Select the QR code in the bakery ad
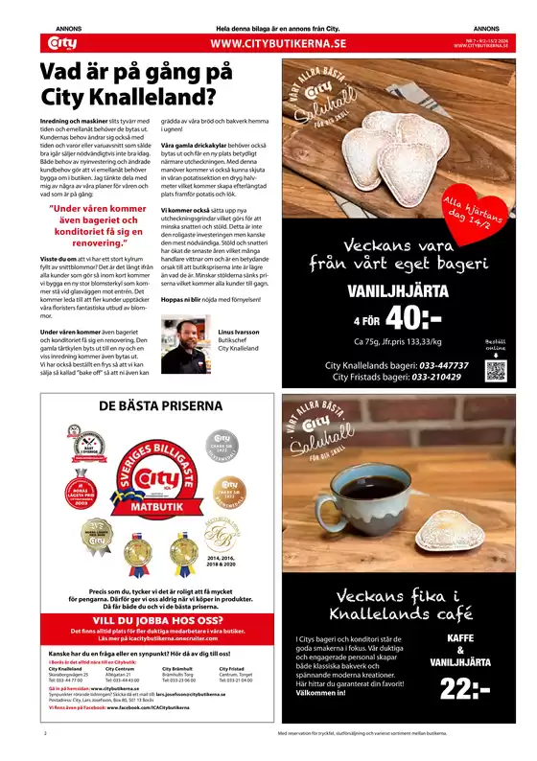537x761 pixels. (468, 371)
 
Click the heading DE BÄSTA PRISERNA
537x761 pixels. (149, 406)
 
